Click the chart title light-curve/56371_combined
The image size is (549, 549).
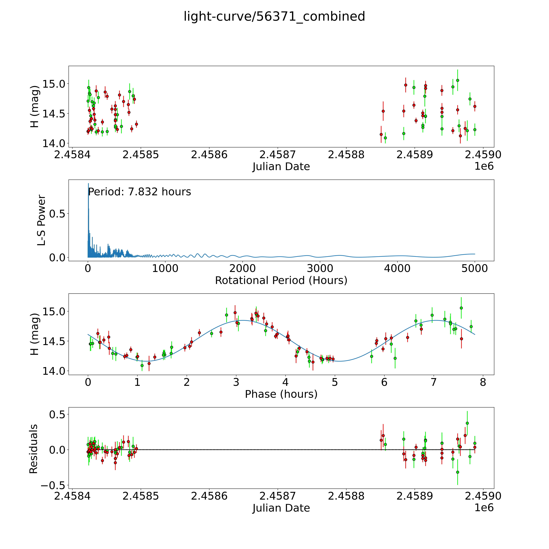274,16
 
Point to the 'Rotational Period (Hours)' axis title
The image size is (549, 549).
281,280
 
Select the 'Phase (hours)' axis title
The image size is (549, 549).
281,394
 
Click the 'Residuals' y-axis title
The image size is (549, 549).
34,449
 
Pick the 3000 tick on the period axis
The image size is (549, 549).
320,269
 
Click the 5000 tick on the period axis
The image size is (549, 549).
475,269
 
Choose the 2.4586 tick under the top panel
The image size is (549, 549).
209,155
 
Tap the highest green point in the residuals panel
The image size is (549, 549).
467,423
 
